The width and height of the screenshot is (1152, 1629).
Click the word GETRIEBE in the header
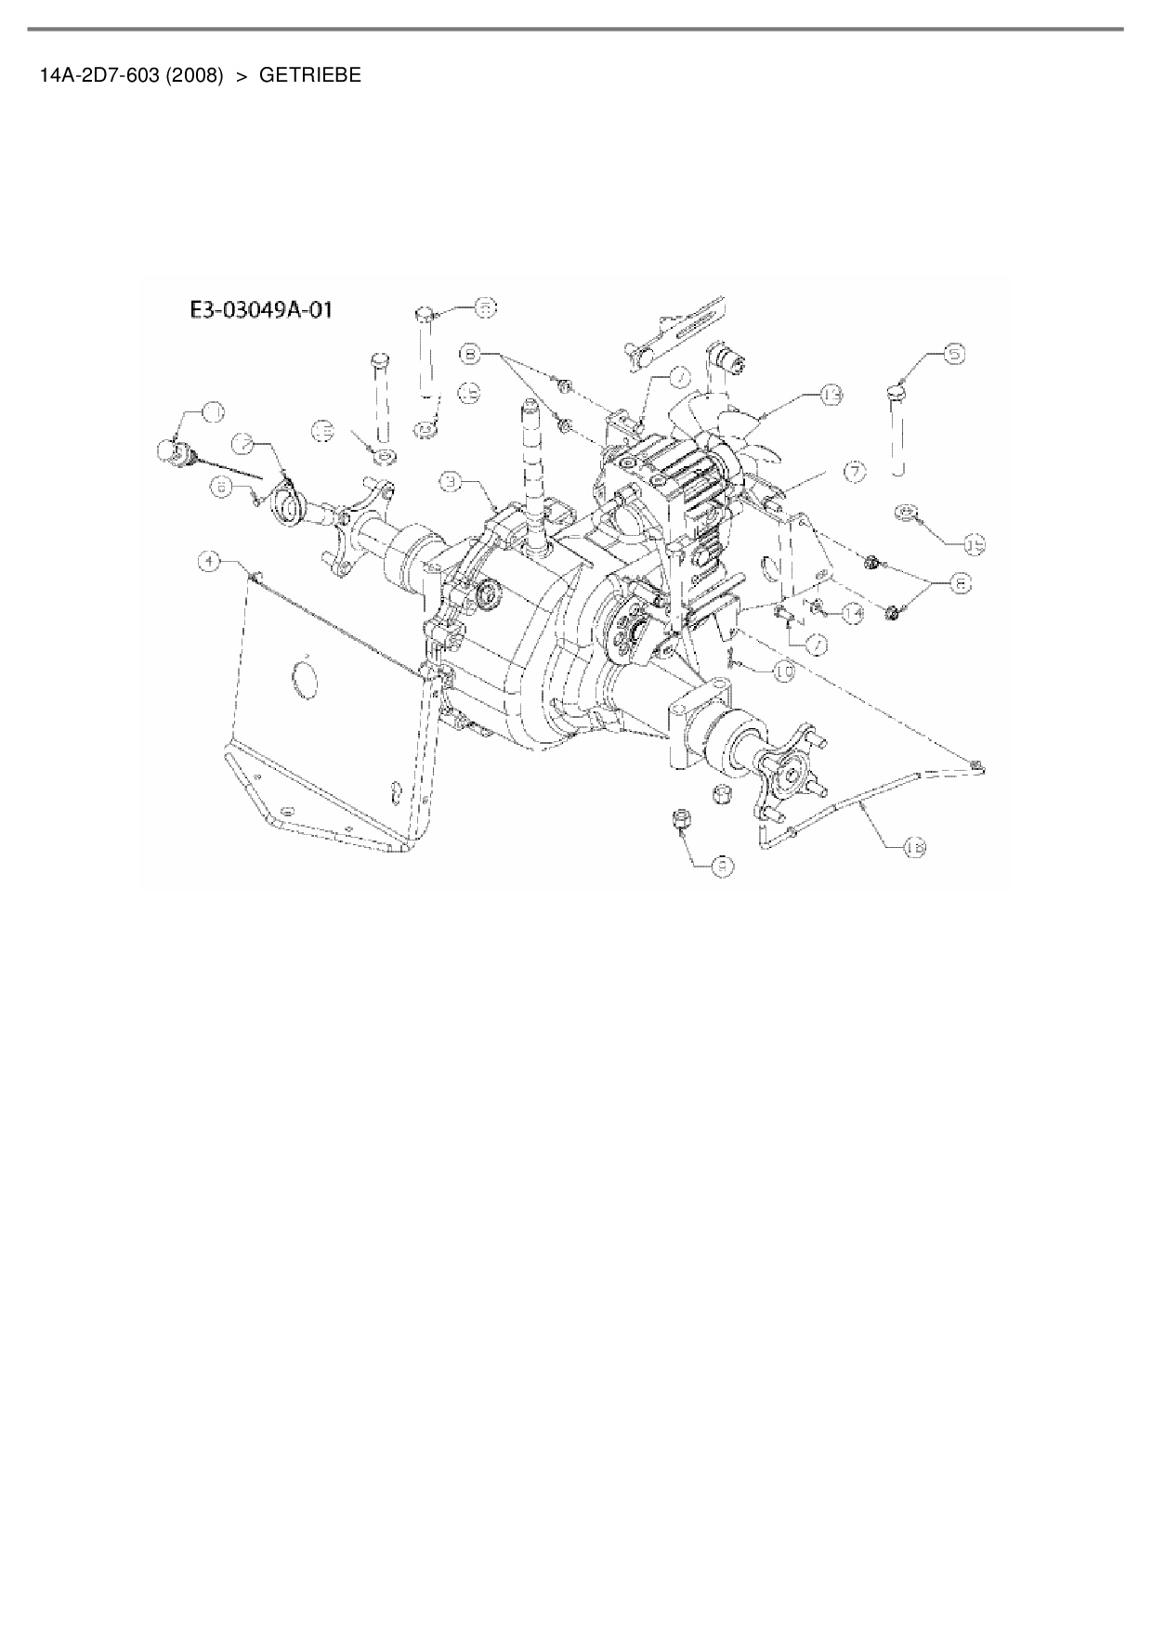coord(309,76)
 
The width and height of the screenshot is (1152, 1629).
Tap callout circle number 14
coord(852,611)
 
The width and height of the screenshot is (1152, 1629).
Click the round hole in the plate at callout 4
coord(303,675)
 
